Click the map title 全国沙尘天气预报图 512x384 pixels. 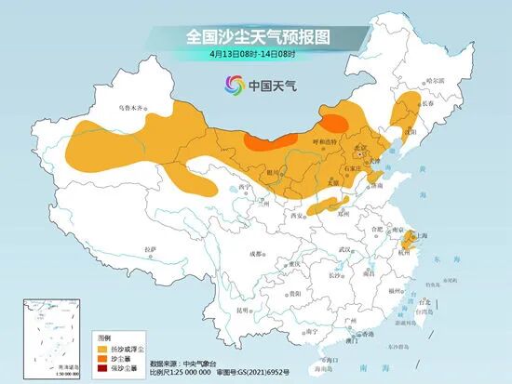click(258, 36)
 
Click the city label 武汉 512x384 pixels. click(346, 249)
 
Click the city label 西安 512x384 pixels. click(297, 216)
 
